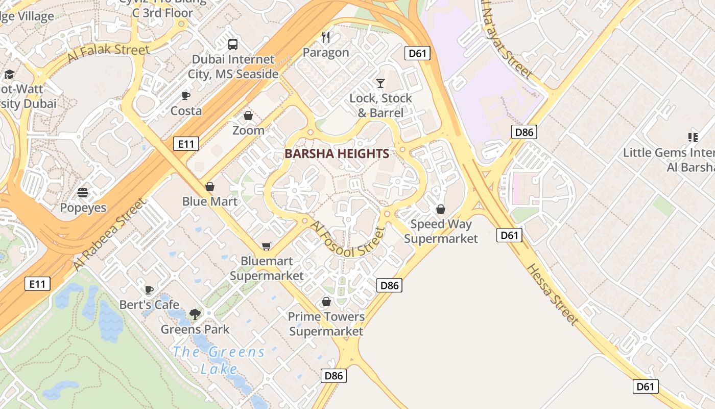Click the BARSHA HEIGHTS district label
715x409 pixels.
pyautogui.click(x=337, y=153)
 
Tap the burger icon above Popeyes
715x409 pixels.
pyautogui.click(x=83, y=193)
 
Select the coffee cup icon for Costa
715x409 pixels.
pyautogui.click(x=186, y=96)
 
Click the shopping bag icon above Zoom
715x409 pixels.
pyautogui.click(x=248, y=116)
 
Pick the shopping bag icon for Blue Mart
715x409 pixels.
pyautogui.click(x=209, y=187)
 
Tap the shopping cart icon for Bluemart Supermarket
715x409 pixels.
pyautogui.click(x=266, y=246)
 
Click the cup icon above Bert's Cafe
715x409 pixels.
pyautogui.click(x=149, y=290)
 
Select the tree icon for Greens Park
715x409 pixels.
pyautogui.click(x=195, y=314)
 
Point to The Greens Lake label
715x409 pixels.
pyautogui.click(x=219, y=360)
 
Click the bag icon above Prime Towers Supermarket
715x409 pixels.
pyautogui.click(x=326, y=302)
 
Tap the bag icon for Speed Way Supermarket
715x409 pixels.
pyautogui.click(x=441, y=209)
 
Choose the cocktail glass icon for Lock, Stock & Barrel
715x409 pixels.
pyautogui.click(x=380, y=83)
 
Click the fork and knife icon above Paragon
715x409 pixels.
pyautogui.click(x=326, y=37)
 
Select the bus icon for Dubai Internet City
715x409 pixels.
pyautogui.click(x=233, y=44)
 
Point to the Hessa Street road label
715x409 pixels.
pyautogui.click(x=553, y=294)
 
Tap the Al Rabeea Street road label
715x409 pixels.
pyautogui.click(x=109, y=235)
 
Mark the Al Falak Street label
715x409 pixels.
pyautogui.click(x=108, y=54)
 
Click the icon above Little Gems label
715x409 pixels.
pyautogui.click(x=693, y=137)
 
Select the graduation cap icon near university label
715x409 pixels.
pyautogui.click(x=9, y=75)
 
